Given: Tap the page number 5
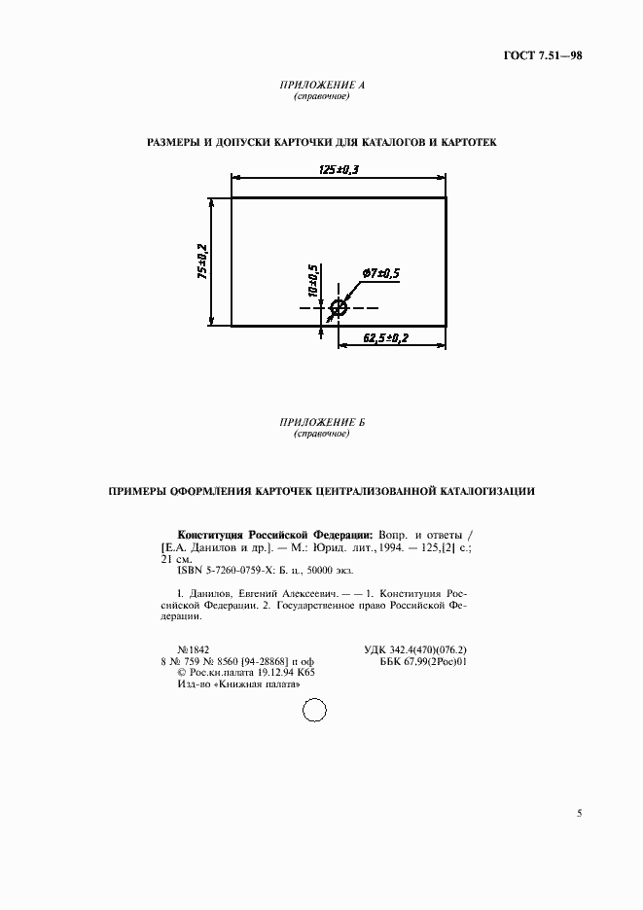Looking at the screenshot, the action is [580, 813].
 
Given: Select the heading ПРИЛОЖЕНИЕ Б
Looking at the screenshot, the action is [321, 423].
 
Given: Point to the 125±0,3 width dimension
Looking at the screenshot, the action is [339, 169].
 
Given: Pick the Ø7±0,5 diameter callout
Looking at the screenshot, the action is [381, 274].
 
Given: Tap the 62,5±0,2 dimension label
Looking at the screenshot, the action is [386, 337].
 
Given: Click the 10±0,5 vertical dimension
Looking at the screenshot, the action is [313, 280].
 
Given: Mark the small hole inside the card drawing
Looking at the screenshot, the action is [339, 309].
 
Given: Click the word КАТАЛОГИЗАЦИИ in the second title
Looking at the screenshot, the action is [483, 491].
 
